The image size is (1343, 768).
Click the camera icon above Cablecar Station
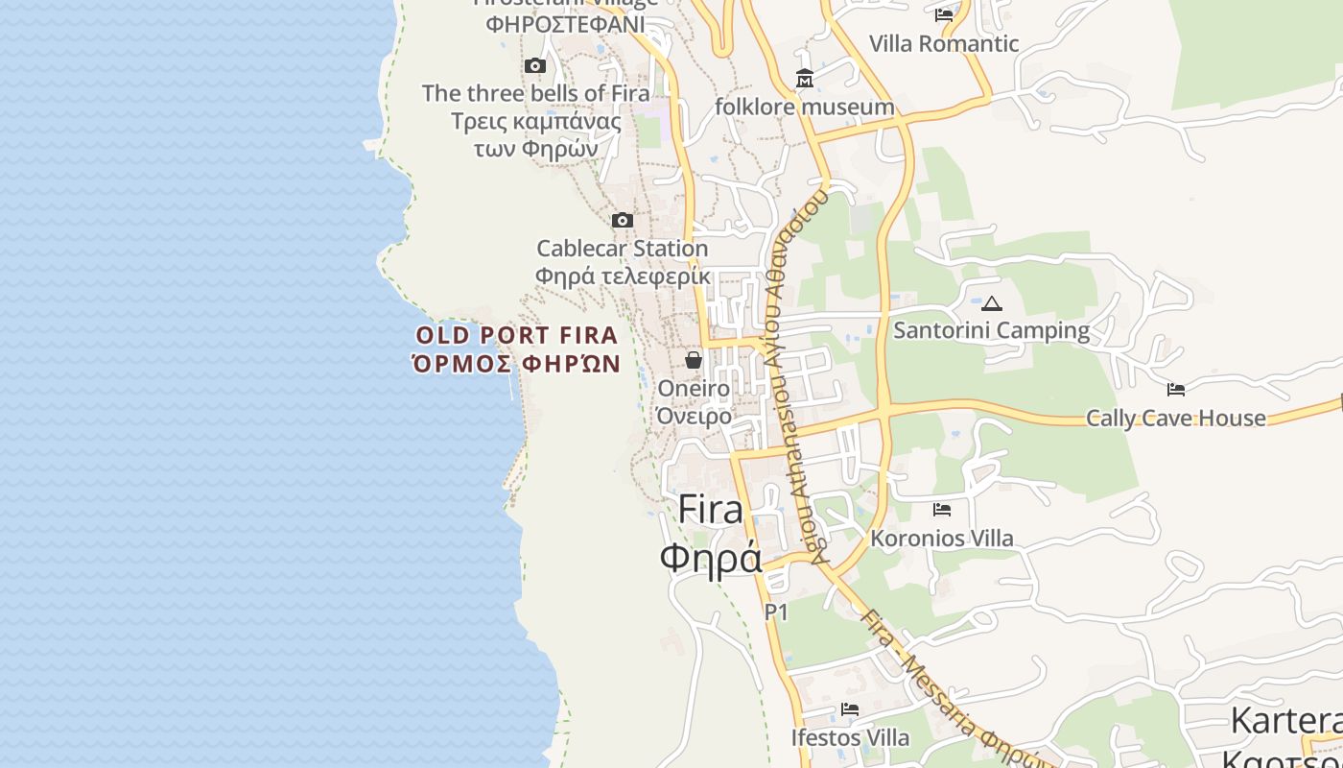coord(623,221)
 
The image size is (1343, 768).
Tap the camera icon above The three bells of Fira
coord(535,66)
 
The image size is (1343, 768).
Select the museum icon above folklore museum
coord(804,78)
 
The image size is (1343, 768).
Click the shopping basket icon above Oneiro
coord(694,360)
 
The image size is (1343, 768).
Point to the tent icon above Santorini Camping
coord(992,303)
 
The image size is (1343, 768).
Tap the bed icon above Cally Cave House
coord(1176,390)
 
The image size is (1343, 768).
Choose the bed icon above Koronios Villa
coord(942,510)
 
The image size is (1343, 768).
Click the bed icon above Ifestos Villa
coord(850,709)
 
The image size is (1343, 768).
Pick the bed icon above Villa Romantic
coord(944,14)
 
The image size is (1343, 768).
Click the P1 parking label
coord(776,612)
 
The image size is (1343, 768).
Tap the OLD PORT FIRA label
coord(517,335)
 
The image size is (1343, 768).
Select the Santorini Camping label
coord(992,331)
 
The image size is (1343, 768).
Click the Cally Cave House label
coord(1176,419)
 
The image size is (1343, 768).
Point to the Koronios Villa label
coord(942,539)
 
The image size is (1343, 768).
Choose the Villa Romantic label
coord(944,43)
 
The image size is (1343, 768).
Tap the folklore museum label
coord(804,107)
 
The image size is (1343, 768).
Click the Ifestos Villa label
coord(850,738)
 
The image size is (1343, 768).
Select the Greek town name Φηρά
coord(711,557)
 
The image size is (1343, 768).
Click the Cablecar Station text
coord(623,249)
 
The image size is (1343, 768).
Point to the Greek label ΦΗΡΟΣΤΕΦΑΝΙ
coord(565,24)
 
